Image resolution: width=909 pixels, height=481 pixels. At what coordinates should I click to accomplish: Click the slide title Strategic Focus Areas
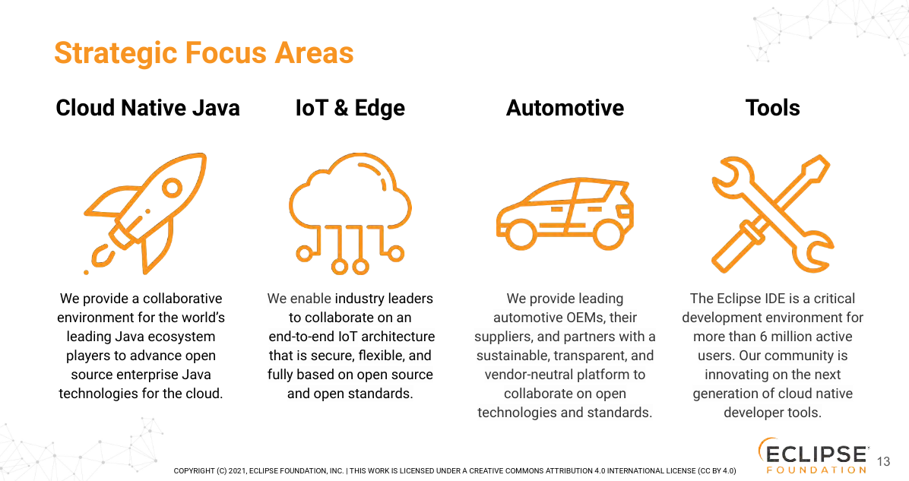pos(204,53)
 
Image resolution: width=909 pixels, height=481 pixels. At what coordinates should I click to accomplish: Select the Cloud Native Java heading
pos(148,108)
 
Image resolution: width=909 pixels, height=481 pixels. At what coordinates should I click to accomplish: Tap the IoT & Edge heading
pos(350,109)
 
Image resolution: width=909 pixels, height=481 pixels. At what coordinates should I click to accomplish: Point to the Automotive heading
pos(565,108)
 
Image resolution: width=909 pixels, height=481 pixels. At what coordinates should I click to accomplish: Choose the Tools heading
pos(773,108)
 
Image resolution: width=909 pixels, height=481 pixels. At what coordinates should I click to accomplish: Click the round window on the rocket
pos(173,187)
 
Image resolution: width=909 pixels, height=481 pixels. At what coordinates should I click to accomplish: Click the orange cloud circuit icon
pos(350,213)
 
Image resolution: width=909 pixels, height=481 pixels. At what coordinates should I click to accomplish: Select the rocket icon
pos(145,214)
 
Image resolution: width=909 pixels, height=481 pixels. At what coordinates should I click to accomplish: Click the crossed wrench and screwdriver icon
pos(773,214)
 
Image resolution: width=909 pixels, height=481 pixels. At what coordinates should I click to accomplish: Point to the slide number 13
pos(883,461)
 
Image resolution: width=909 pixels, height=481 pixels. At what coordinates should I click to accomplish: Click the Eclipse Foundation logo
pos(812,455)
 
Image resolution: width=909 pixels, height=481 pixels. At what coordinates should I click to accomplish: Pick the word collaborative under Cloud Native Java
pos(182,299)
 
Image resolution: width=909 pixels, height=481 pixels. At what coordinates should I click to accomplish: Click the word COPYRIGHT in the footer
pos(195,470)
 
